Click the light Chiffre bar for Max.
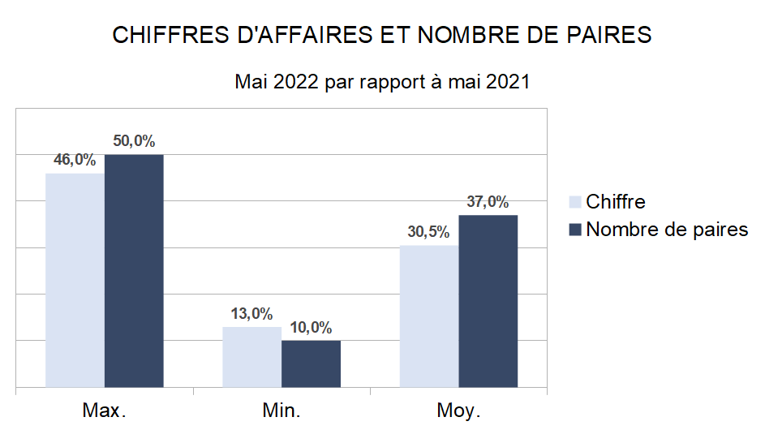(x=75, y=280)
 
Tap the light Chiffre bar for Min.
(x=251, y=357)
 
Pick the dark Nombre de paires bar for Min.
(x=311, y=363)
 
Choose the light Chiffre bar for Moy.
(x=429, y=316)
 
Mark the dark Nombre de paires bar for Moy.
(x=488, y=301)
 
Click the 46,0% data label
(x=75, y=160)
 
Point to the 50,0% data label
(x=134, y=140)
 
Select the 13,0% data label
(x=251, y=314)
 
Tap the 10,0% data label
(x=311, y=328)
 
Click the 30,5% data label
(x=428, y=232)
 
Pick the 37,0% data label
(x=488, y=202)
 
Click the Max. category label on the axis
(x=104, y=411)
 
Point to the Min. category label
(x=282, y=411)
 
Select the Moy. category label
(x=458, y=411)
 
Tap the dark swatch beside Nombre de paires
(x=575, y=230)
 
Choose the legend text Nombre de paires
(x=667, y=230)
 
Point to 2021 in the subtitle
(x=509, y=82)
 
